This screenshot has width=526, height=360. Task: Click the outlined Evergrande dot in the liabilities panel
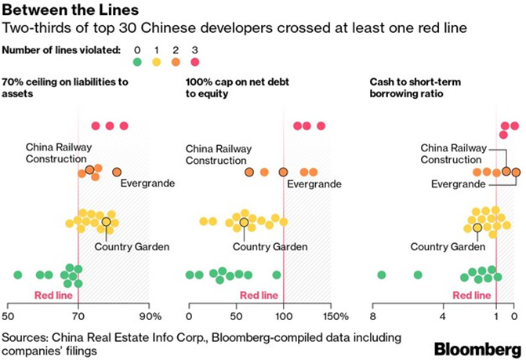[117, 172]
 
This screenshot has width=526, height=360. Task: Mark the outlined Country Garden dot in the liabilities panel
[106, 223]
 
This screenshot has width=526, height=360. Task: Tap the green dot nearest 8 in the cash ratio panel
[382, 275]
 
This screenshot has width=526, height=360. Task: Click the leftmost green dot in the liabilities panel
[18, 275]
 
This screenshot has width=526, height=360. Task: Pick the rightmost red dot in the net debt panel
[321, 125]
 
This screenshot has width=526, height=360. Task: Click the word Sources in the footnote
[24, 337]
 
